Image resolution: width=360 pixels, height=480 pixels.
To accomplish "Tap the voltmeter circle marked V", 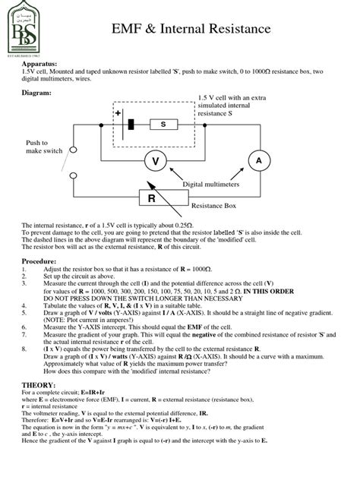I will [x=156, y=161].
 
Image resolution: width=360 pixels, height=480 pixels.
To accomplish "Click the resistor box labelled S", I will [x=163, y=124].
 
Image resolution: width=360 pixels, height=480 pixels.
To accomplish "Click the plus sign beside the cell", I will [x=118, y=113].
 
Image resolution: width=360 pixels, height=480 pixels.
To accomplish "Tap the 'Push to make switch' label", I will [x=38, y=147].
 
